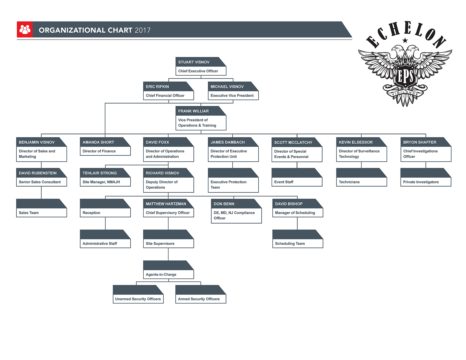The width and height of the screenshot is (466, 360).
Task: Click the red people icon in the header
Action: [x=25, y=30]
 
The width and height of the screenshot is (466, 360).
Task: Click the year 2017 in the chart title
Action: [x=143, y=30]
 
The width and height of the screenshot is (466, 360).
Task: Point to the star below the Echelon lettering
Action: [x=405, y=40]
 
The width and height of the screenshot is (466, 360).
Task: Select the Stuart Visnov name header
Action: [x=194, y=62]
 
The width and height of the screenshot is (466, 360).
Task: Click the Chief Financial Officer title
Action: [x=165, y=95]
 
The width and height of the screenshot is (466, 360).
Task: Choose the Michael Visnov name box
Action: [x=227, y=87]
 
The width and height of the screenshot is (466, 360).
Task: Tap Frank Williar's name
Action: [x=193, y=111]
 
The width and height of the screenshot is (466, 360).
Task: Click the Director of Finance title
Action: [x=99, y=151]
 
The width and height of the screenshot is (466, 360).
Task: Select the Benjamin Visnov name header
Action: [x=37, y=142]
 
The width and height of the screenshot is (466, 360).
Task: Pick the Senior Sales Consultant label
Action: [x=40, y=182]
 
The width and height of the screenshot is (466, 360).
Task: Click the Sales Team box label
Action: [x=29, y=213]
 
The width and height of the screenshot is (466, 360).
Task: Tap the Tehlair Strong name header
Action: [x=100, y=173]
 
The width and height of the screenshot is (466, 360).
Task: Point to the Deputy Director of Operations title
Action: [x=162, y=185]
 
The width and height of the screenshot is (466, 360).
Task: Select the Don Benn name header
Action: [x=224, y=204]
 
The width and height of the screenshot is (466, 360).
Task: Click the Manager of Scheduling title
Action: [x=295, y=213]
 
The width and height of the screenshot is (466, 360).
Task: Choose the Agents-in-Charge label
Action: [x=161, y=274]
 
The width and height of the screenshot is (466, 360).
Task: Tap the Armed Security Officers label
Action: [x=199, y=299]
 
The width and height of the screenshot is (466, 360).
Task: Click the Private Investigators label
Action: [x=421, y=182]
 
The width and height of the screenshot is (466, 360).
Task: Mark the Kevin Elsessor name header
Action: [x=356, y=142]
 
